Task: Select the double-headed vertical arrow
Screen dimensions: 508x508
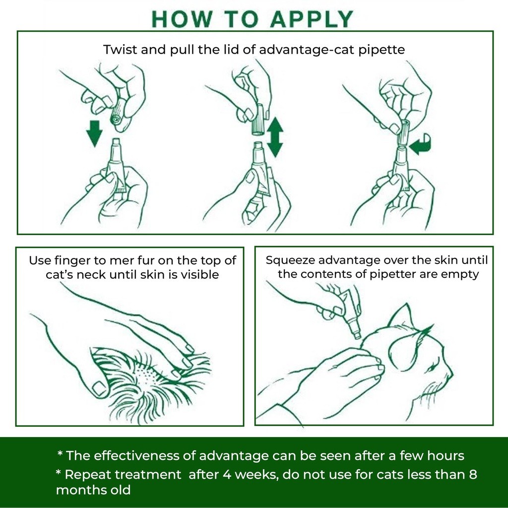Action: [x=274, y=137]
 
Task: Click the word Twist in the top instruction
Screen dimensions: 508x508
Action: [x=119, y=50]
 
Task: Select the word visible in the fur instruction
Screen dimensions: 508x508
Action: [x=197, y=274]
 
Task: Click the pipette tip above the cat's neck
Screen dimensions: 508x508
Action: [x=357, y=335]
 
